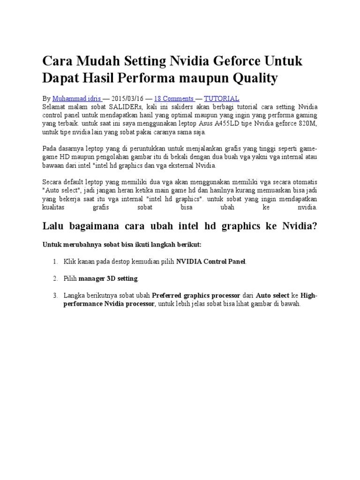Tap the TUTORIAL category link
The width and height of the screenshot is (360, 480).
click(222, 98)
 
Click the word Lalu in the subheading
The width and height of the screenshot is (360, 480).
click(54, 226)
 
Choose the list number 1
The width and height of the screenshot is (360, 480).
click(55, 262)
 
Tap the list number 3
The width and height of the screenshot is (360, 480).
click(55, 295)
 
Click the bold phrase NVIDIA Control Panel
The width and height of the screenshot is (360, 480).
click(210, 262)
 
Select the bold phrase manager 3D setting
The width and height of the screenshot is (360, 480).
click(108, 278)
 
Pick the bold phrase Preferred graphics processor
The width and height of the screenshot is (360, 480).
click(196, 295)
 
